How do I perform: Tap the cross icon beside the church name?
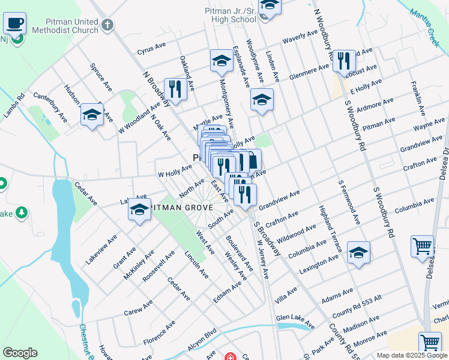pos(107,25)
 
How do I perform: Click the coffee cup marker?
pos(15,25)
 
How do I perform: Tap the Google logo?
pos(20,353)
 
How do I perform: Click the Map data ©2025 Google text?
pos(411,355)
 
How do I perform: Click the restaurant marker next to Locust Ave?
pos(344,61)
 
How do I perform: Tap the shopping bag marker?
pos(253,161)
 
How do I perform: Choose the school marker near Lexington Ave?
pos(358,253)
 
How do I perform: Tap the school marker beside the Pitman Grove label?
pos(139,211)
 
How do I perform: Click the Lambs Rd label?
pos(14,106)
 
